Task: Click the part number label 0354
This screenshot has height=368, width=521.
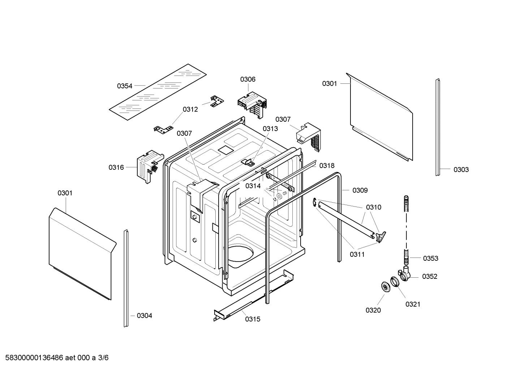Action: click(125, 86)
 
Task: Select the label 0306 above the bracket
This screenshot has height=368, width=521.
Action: click(248, 79)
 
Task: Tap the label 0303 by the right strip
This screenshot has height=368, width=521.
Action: click(461, 169)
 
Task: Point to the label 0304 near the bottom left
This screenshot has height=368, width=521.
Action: click(144, 316)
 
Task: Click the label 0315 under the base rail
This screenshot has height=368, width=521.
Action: click(253, 319)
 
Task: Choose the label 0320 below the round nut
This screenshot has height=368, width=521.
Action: click(373, 310)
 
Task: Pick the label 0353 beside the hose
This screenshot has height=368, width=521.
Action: click(431, 258)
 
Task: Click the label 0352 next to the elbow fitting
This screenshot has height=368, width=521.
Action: click(430, 276)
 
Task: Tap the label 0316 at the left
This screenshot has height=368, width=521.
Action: click(116, 167)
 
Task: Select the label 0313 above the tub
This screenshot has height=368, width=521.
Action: click(270, 129)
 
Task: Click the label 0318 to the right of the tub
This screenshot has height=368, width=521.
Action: click(327, 165)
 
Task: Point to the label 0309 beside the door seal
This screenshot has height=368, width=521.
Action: click(360, 190)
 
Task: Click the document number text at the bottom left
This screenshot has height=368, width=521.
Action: click(55, 358)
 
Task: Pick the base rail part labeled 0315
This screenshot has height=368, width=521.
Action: click(253, 294)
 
